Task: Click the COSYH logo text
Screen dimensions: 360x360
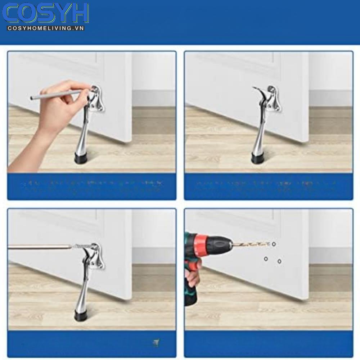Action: pos(45,13)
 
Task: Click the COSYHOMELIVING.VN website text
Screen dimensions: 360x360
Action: pos(45,28)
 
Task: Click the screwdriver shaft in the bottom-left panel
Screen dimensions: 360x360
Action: pos(40,247)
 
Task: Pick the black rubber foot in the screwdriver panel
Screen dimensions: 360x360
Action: pos(81,315)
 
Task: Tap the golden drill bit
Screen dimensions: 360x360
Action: pos(252,245)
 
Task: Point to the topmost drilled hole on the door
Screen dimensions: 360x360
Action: pos(274,244)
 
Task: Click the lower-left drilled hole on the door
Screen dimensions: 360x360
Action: pos(266,258)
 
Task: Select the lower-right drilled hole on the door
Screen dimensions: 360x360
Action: pos(279,261)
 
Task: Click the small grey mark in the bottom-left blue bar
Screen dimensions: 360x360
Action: pos(156,342)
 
